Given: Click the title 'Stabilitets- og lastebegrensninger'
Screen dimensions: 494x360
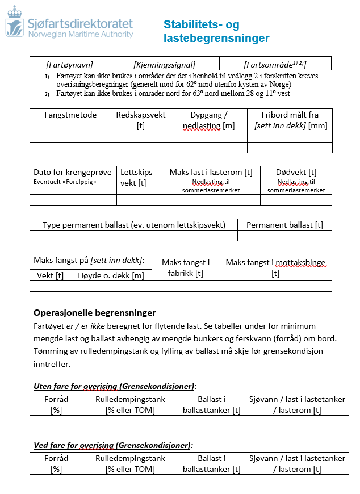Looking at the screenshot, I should [216, 32].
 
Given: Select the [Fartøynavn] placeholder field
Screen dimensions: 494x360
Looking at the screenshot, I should [69, 64].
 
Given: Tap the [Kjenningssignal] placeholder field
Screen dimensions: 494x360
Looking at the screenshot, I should [164, 64].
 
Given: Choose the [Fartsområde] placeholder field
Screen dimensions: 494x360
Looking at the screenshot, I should [275, 64].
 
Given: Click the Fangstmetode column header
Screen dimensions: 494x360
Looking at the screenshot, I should [70, 115].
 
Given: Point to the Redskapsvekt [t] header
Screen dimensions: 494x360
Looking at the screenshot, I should [140, 120].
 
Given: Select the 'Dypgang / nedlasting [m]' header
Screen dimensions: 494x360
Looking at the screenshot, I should [208, 120].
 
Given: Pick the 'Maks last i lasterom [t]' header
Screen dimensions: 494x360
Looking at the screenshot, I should [211, 172].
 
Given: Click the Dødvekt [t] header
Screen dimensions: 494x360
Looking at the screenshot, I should [296, 172].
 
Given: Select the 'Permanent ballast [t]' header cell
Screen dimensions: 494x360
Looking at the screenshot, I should [284, 225].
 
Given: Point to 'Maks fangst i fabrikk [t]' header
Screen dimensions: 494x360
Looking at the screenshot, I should [186, 267].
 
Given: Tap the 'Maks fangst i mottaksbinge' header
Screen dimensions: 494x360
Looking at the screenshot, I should [275, 262].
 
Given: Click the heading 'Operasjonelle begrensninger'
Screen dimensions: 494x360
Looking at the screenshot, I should [95, 313].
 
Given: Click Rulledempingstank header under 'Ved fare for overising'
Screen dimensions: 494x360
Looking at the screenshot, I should [130, 463].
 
